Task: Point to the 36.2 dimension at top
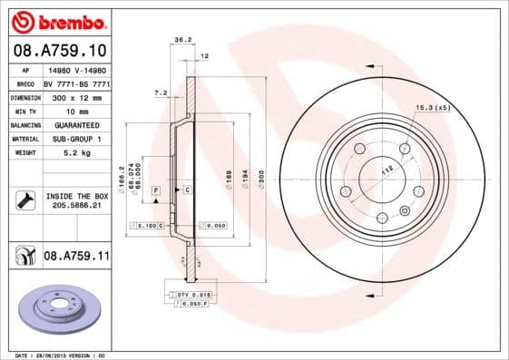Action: pos(181,39)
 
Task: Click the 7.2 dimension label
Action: pos(161,92)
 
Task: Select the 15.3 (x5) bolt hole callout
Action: pos(433,108)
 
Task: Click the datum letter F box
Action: pos(157,190)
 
